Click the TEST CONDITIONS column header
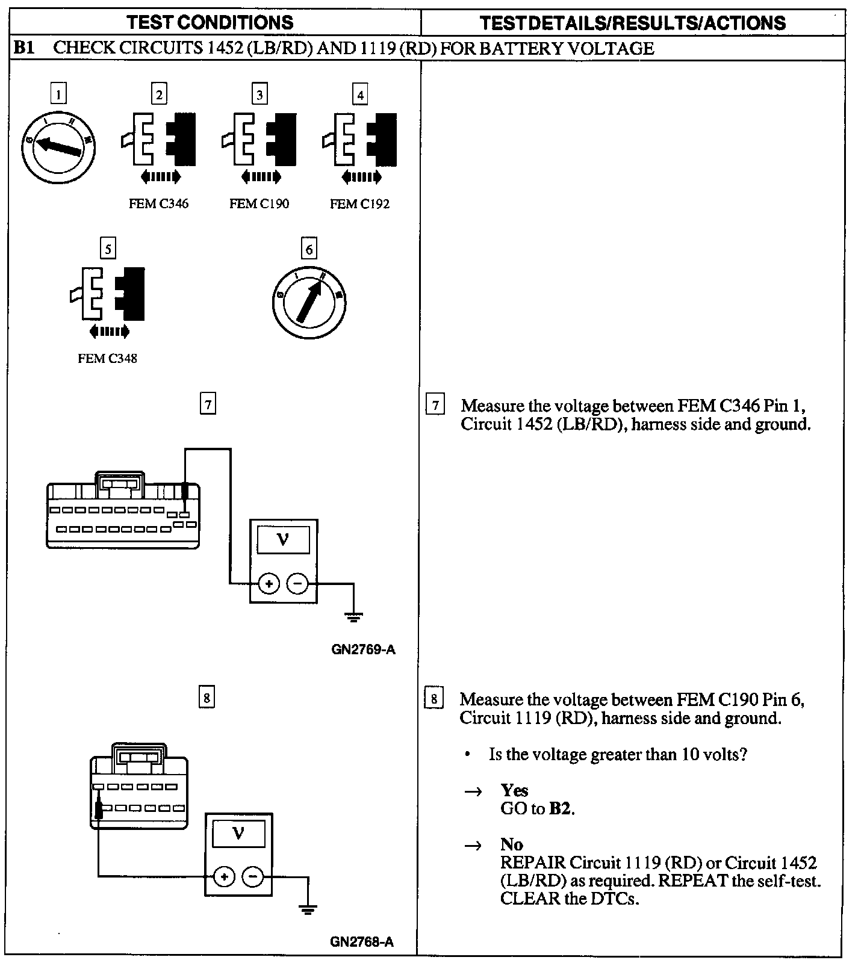pyautogui.click(x=210, y=23)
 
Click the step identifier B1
pyautogui.click(x=25, y=48)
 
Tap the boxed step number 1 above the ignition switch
pyautogui.click(x=58, y=94)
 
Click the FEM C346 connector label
pyautogui.click(x=158, y=204)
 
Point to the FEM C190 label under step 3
pyautogui.click(x=259, y=204)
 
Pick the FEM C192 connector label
pyautogui.click(x=359, y=204)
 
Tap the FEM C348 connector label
pyautogui.click(x=107, y=358)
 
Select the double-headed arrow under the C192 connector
pyautogui.click(x=361, y=177)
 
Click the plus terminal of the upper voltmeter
pyautogui.click(x=269, y=583)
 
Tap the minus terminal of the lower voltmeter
pyautogui.click(x=252, y=877)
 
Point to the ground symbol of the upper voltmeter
pyautogui.click(x=353, y=616)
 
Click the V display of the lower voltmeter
pyautogui.click(x=238, y=834)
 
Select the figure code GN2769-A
pyautogui.click(x=363, y=649)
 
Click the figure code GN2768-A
pyautogui.click(x=362, y=942)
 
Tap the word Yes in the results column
pyautogui.click(x=514, y=790)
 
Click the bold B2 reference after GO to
pyautogui.click(x=560, y=808)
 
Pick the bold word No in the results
pyautogui.click(x=512, y=844)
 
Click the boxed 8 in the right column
pyautogui.click(x=433, y=699)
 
